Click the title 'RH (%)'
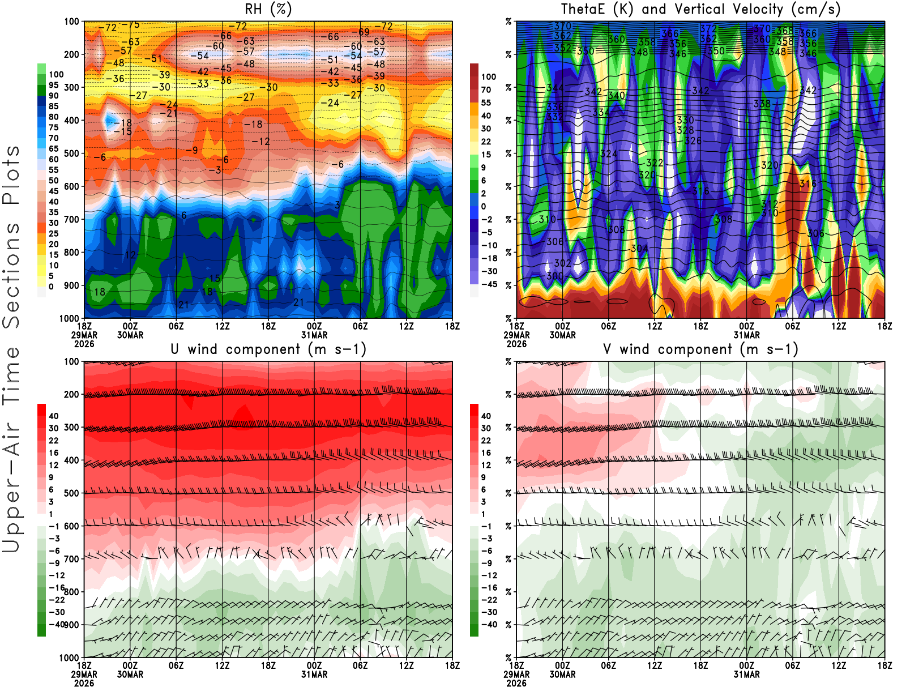point(268,10)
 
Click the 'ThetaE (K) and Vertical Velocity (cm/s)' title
point(700,10)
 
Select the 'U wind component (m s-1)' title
point(268,349)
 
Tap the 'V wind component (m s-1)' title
point(700,349)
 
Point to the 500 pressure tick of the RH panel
point(71,153)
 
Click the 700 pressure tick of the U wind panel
point(71,559)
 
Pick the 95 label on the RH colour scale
point(53,85)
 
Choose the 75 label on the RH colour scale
point(53,127)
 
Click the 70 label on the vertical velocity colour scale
point(486,89)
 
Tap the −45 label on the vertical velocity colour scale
point(488,284)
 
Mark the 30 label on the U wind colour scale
point(53,428)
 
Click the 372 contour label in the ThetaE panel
point(708,28)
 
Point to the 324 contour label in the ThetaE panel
point(609,154)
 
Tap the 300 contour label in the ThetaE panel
point(555,276)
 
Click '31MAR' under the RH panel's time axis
point(314,335)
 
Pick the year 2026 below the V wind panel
point(516,684)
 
